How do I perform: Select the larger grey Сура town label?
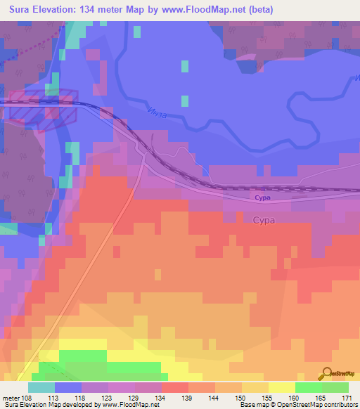[264, 220]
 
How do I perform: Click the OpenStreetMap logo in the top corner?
[342, 186]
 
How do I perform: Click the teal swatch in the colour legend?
[41, 387]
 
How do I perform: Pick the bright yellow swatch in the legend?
[282, 387]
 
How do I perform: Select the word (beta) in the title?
[258, 10]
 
